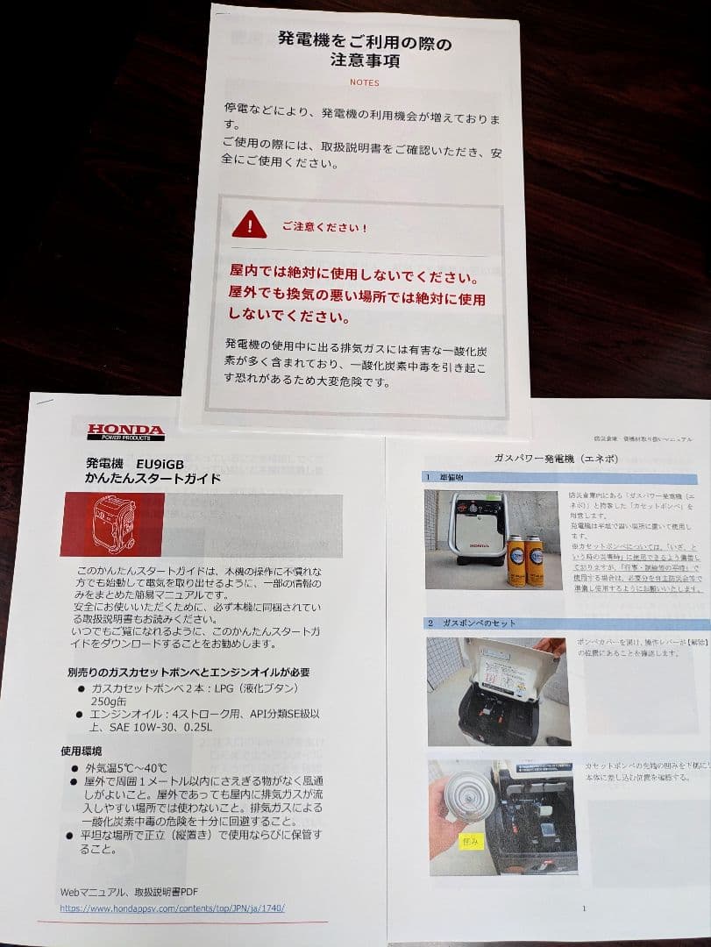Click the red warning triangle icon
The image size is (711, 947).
[249, 225]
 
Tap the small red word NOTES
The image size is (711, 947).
[364, 82]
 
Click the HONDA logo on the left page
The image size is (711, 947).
[124, 431]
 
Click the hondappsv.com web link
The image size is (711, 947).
[172, 908]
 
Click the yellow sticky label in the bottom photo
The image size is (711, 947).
[471, 841]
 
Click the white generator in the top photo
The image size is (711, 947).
[479, 533]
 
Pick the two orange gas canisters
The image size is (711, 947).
[524, 560]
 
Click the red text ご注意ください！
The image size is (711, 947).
[324, 226]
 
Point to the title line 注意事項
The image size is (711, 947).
[364, 61]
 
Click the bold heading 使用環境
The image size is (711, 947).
[82, 751]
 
